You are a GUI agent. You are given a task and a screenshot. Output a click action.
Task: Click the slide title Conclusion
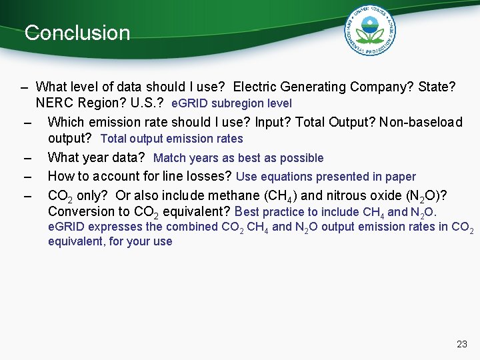pos(77,33)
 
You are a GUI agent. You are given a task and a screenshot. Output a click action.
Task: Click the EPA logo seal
pos(370,31)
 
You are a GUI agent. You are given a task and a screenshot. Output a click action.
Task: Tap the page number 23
pos(461,344)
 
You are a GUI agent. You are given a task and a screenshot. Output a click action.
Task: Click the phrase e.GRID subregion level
pos(231,104)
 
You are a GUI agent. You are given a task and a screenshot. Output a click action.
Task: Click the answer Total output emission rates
pos(171,139)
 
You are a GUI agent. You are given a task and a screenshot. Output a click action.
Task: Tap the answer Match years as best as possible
pos(238,158)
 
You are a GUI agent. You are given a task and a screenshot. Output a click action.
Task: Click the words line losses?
pos(198,177)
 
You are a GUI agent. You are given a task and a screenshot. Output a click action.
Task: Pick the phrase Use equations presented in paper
pos(326,177)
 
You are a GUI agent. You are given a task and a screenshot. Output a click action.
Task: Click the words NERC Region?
pos(73,104)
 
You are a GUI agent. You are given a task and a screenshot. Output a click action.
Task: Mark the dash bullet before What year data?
pos(27,158)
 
